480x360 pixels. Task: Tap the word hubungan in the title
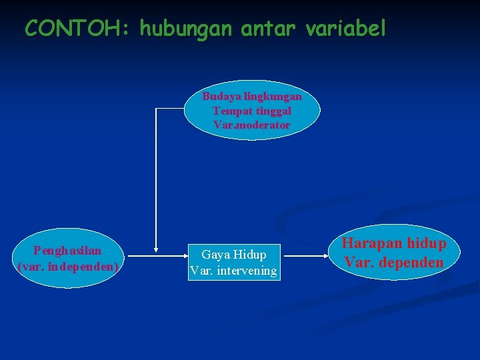pyautogui.click(x=177, y=29)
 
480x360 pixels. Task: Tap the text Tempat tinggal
pyautogui.click(x=251, y=111)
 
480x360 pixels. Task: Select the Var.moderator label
pyautogui.click(x=251, y=125)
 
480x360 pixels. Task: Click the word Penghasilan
pyautogui.click(x=67, y=251)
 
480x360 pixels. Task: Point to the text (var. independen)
pyautogui.click(x=67, y=266)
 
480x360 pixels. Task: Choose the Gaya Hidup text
pyautogui.click(x=233, y=255)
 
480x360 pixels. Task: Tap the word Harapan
pyautogui.click(x=369, y=245)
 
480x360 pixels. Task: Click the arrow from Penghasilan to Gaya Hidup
pyautogui.click(x=155, y=255)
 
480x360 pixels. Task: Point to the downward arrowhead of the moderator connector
pyautogui.click(x=155, y=248)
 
